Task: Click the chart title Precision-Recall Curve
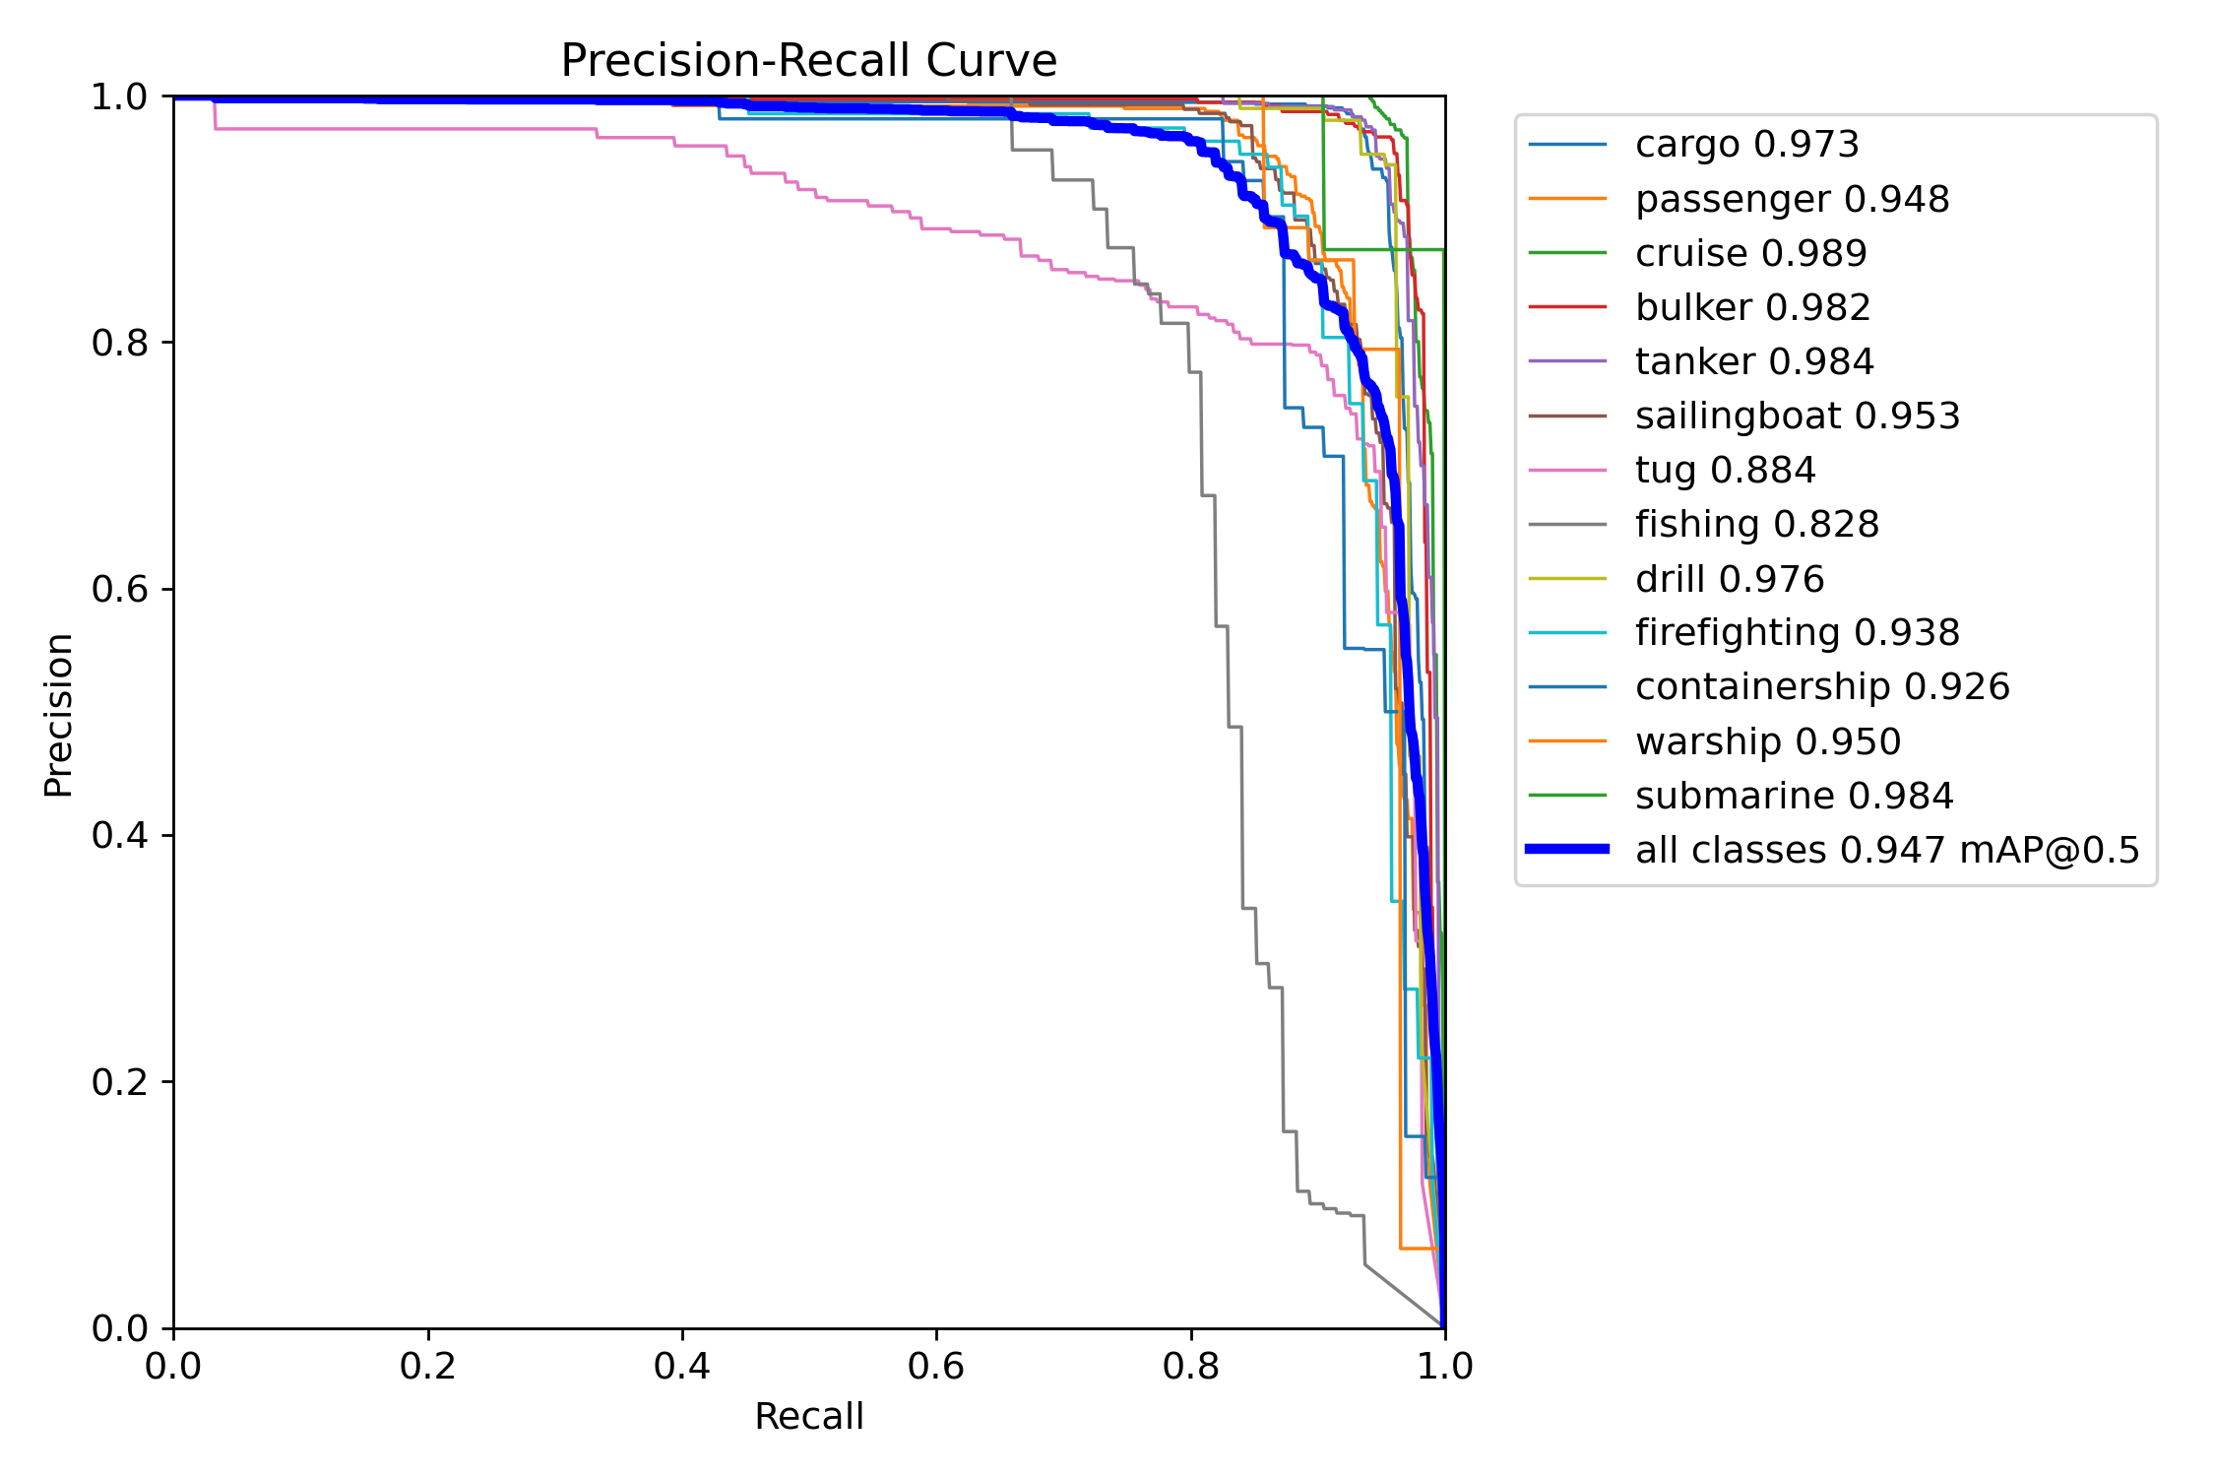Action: pos(808,61)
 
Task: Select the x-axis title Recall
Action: pos(808,1417)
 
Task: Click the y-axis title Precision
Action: pos(58,715)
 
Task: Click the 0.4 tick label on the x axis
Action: pos(682,1366)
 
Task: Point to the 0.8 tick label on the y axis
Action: pos(119,343)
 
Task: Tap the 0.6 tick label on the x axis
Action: pos(936,1366)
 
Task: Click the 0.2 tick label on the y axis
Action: pos(119,1082)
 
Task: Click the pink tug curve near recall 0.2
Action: pos(428,129)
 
